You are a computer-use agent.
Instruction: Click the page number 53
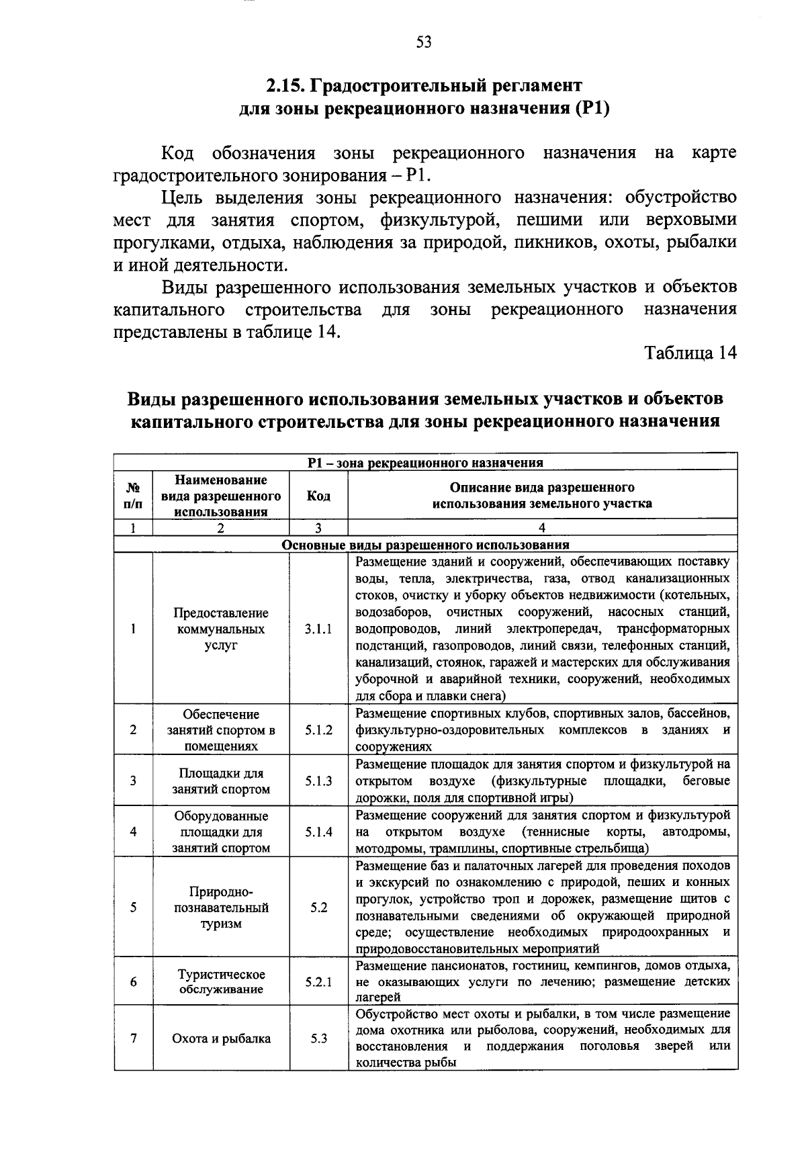click(423, 42)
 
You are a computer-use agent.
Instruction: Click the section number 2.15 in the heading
click(284, 86)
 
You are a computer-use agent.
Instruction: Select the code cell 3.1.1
click(318, 629)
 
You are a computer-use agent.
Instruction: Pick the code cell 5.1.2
click(318, 730)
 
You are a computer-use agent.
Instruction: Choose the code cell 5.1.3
click(318, 781)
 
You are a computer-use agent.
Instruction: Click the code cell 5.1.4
click(318, 832)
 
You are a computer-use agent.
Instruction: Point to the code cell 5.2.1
click(318, 982)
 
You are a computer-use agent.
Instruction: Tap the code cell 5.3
click(318, 1038)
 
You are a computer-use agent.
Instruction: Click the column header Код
click(318, 496)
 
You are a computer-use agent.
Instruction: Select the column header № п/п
click(134, 496)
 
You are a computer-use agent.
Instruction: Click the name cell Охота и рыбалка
click(221, 1038)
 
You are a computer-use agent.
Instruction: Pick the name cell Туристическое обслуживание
click(221, 982)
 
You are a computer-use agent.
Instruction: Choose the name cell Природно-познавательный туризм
click(221, 907)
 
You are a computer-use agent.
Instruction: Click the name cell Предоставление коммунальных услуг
click(221, 629)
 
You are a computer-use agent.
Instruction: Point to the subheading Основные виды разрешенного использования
click(425, 545)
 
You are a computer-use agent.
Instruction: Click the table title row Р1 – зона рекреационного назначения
click(425, 462)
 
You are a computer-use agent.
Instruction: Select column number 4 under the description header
click(542, 528)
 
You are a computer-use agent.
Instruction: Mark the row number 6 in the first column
click(134, 982)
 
